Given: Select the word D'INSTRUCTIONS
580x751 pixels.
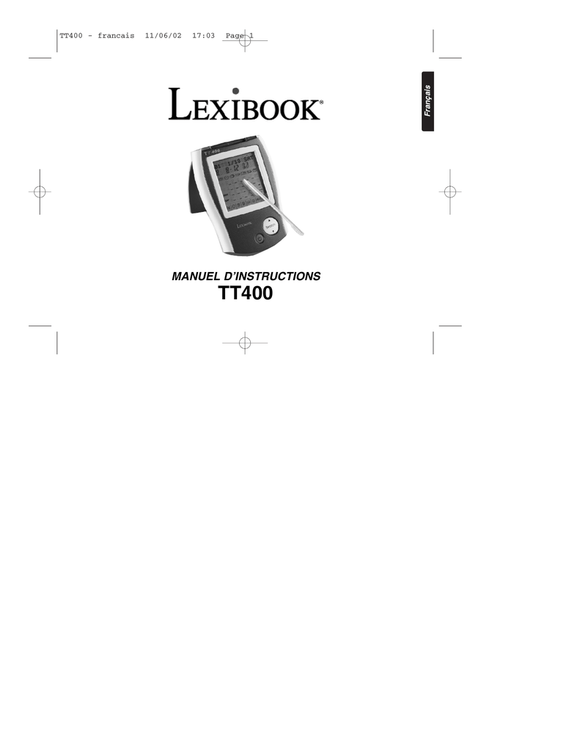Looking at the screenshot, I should pos(277,276).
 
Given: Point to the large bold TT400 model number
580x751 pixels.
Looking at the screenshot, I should pos(246,294).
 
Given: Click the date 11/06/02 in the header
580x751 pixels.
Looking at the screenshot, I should pos(163,36).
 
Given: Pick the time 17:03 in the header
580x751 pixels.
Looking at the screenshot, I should pos(203,36).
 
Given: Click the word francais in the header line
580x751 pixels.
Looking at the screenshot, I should pos(116,36).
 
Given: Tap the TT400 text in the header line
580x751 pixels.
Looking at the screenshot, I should pos(70,36).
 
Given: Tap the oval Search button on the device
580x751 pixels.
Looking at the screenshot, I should pos(270,227).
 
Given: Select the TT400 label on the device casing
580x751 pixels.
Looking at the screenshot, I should pos(213,152).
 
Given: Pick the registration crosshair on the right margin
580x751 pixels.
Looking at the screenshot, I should pos(449,192).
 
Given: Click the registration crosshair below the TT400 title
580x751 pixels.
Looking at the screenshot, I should pos(246,342).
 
